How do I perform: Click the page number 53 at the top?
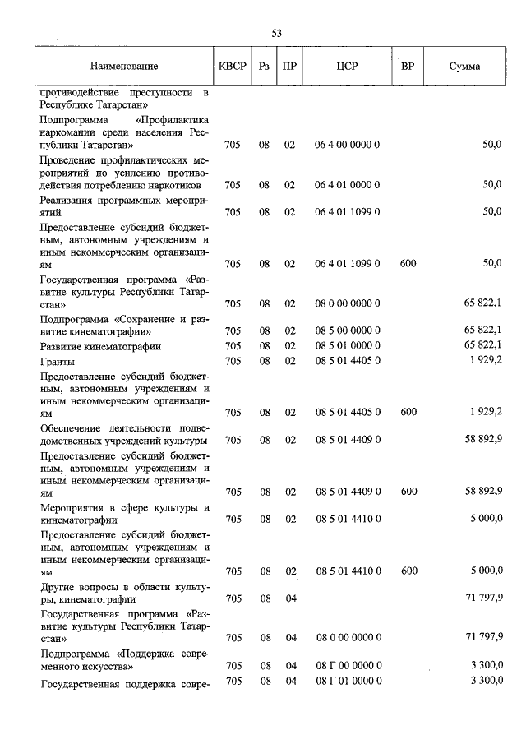[x=277, y=33]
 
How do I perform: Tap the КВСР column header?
[x=233, y=66]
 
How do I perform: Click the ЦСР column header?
[x=346, y=66]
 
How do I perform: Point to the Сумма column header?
[x=464, y=66]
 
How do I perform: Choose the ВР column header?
[x=408, y=66]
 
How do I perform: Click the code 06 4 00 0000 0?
[x=347, y=145]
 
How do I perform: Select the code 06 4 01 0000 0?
[x=347, y=184]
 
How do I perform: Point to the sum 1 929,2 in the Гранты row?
[x=485, y=360]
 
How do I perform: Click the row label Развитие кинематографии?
[x=100, y=346]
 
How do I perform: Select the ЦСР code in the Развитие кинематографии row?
[x=347, y=346]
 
